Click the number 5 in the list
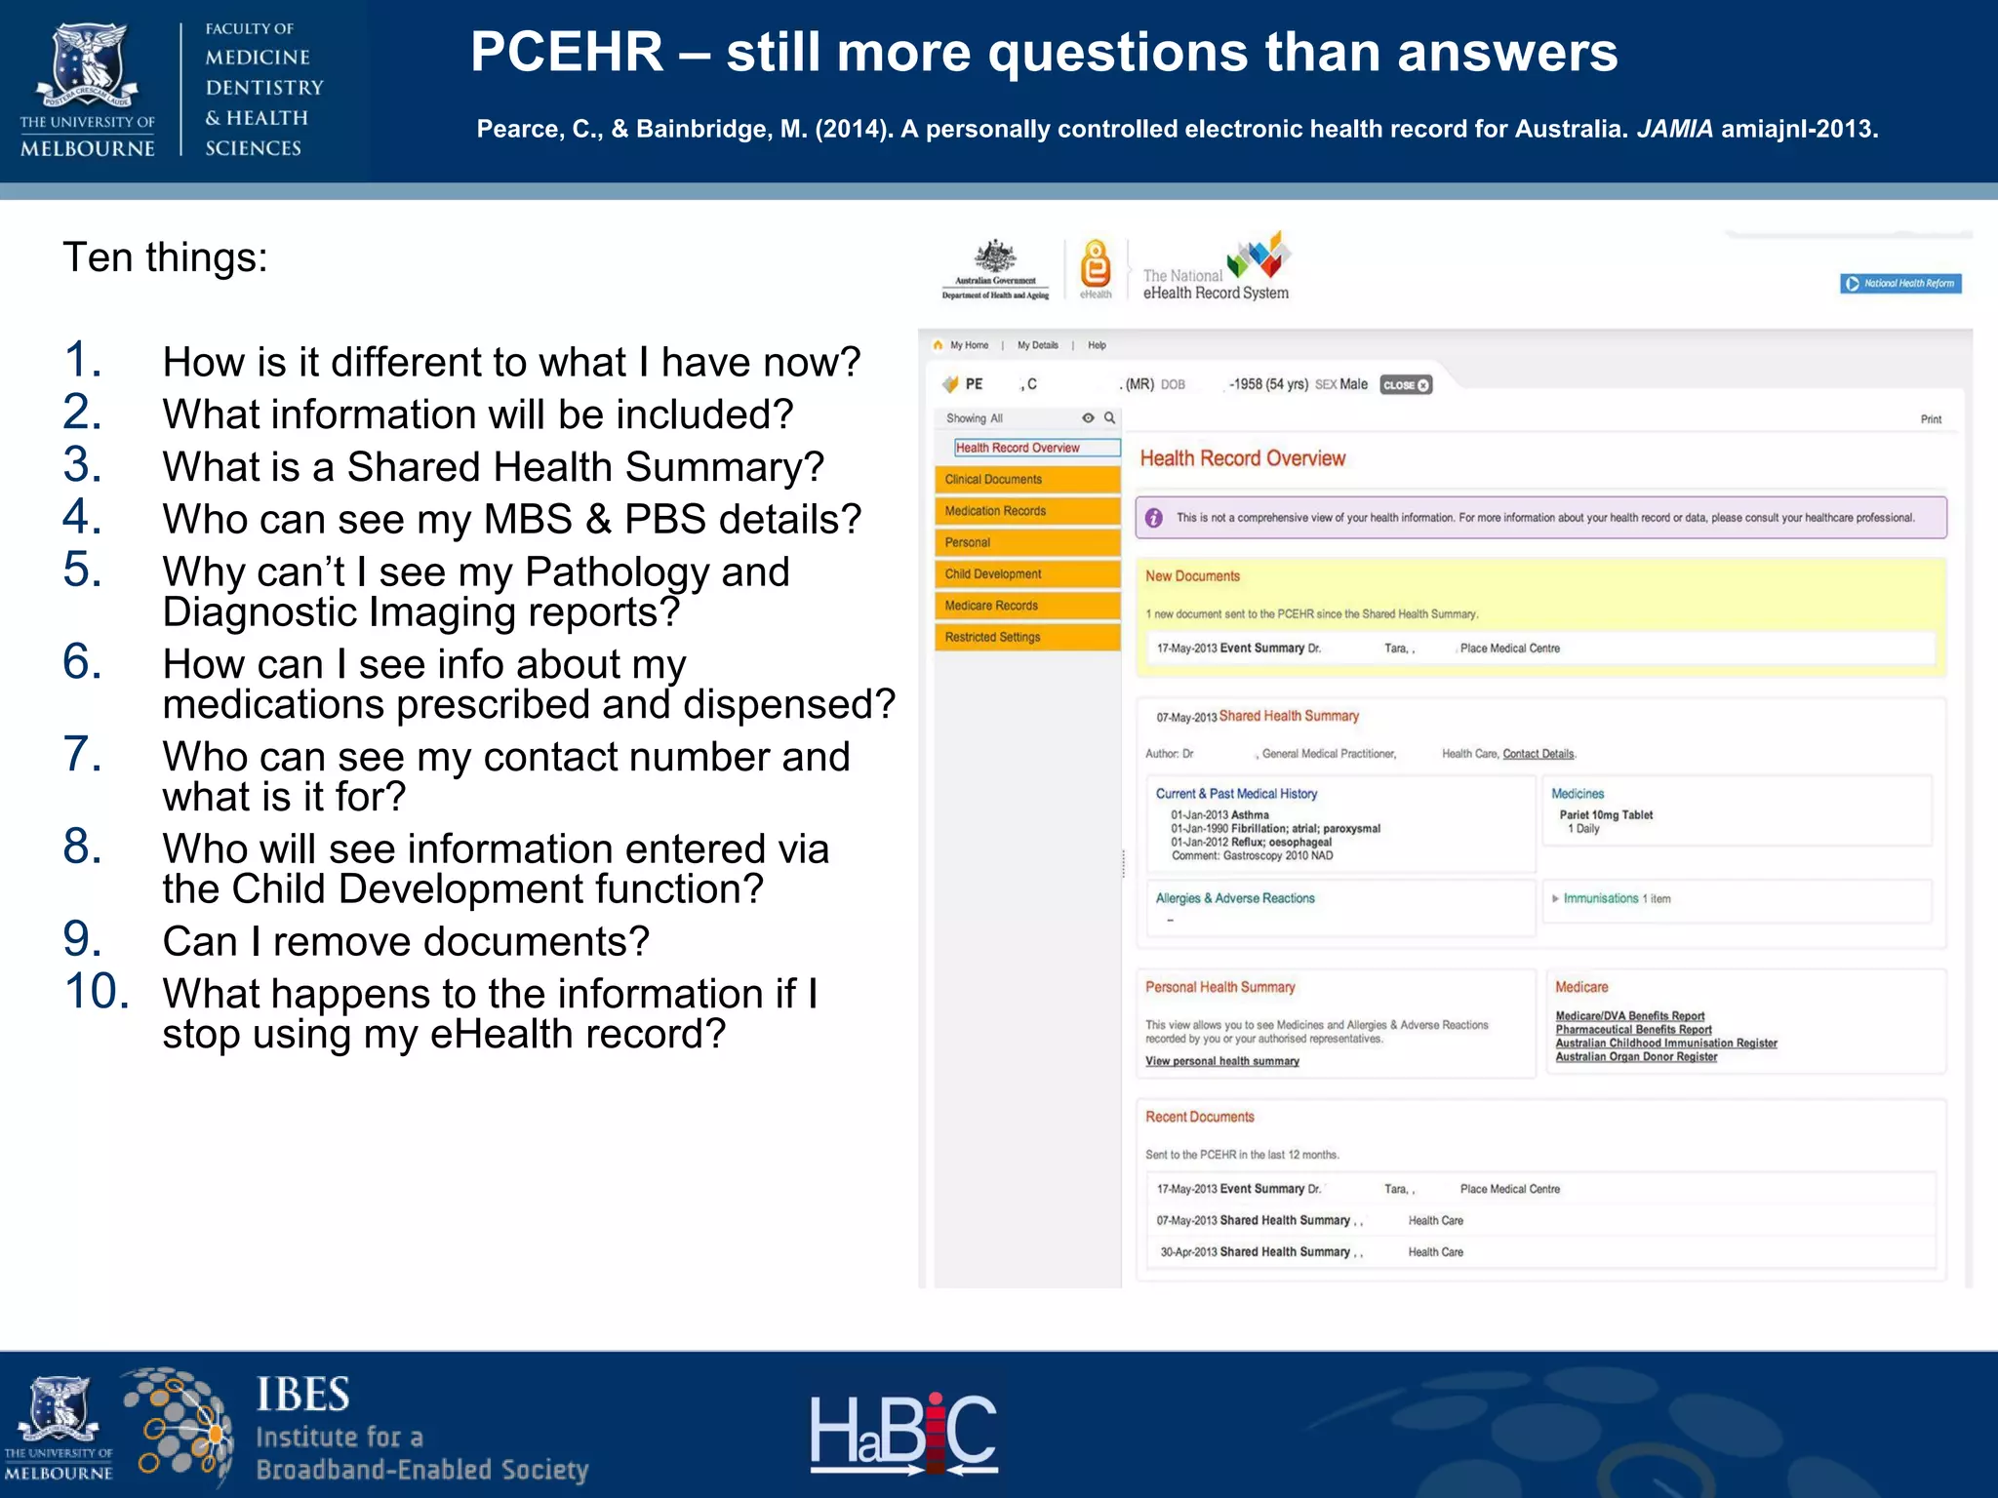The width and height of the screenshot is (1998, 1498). (x=82, y=571)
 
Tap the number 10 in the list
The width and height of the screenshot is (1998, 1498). (x=97, y=992)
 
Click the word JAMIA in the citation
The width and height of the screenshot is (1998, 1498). (x=1674, y=129)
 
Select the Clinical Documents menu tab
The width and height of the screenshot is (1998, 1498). (x=1027, y=480)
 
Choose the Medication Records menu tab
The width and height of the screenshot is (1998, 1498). (x=1027, y=511)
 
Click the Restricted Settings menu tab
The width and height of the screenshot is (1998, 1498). (x=1027, y=637)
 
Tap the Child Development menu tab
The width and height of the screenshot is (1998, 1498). (x=1027, y=574)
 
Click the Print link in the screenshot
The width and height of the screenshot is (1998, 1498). (x=1931, y=419)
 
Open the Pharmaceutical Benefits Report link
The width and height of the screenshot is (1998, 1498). (x=1633, y=1030)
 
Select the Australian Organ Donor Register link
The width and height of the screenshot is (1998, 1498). (x=1636, y=1057)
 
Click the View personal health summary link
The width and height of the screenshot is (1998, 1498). (x=1221, y=1061)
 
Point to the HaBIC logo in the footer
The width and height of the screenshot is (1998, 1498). (x=903, y=1432)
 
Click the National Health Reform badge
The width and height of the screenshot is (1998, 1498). (x=1900, y=284)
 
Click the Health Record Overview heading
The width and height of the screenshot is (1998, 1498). (x=1242, y=458)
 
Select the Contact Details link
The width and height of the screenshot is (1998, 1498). (x=1538, y=754)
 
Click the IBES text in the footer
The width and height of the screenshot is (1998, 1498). (x=302, y=1395)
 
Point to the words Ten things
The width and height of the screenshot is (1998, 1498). (x=165, y=257)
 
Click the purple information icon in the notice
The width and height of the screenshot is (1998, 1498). (x=1153, y=518)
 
